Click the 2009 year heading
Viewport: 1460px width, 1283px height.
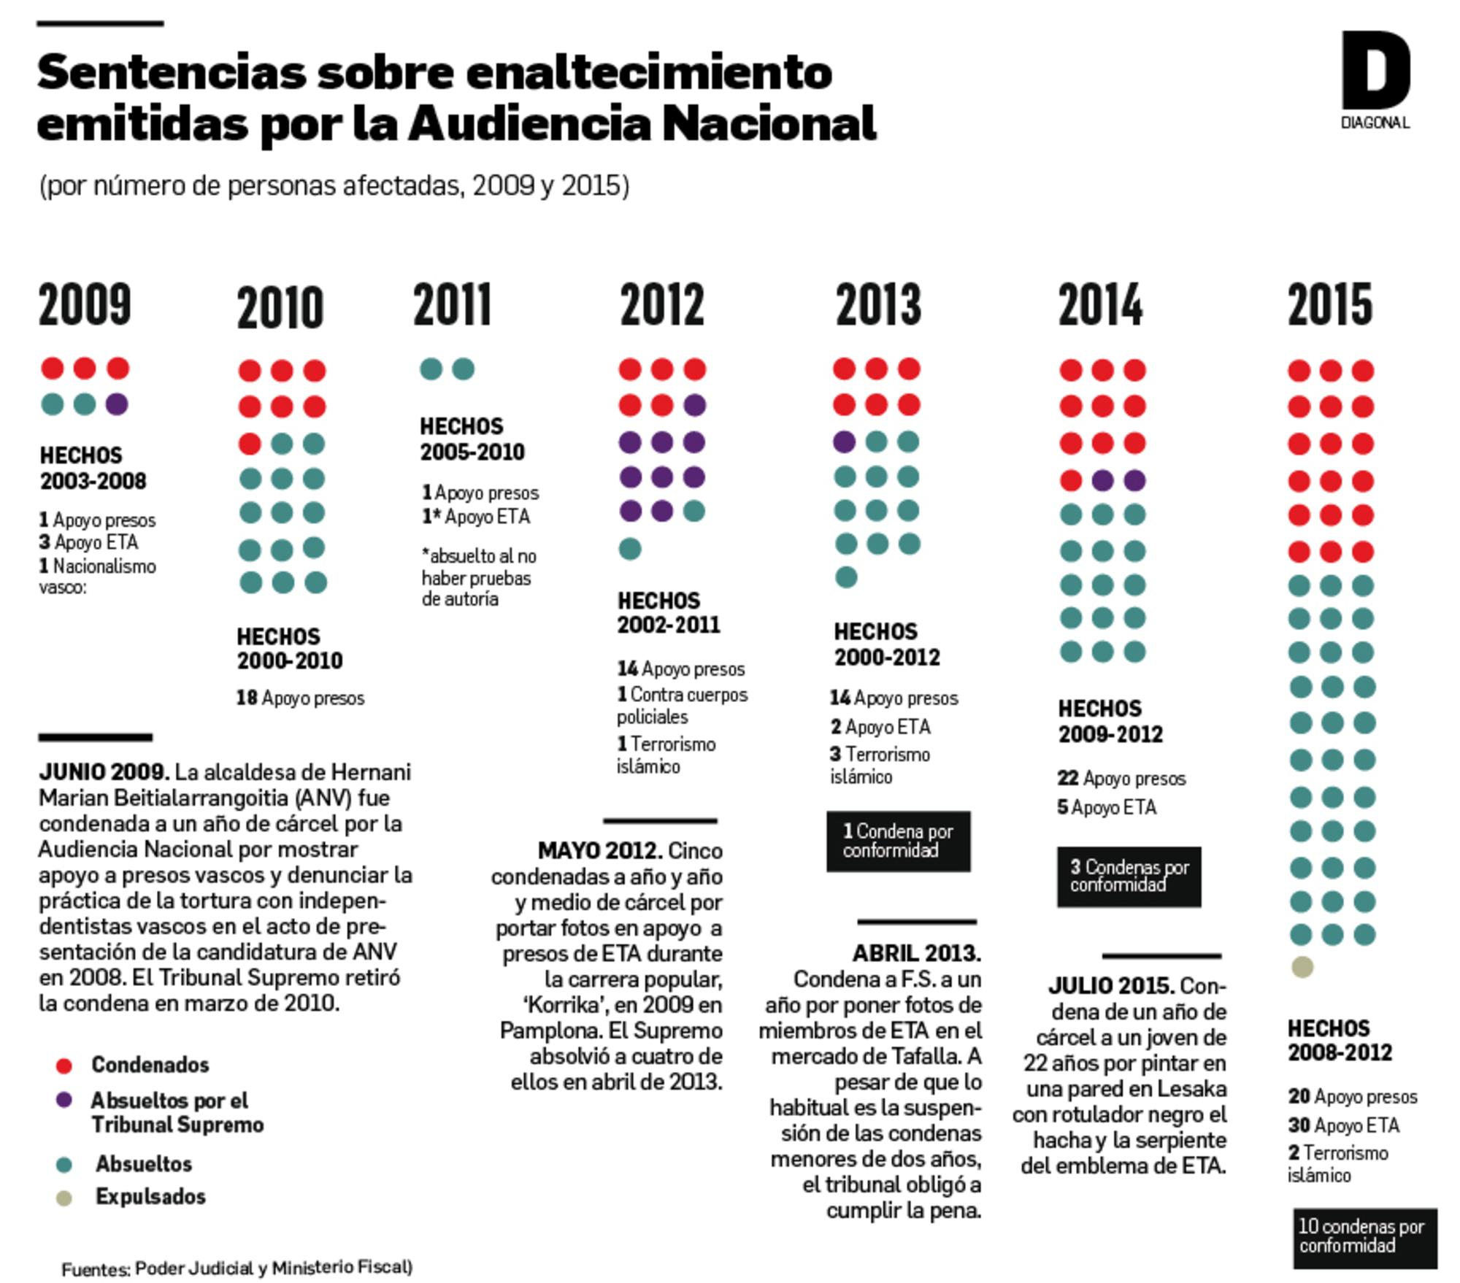pos(85,304)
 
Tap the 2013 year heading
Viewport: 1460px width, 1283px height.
pos(878,304)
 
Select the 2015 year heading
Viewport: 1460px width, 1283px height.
pos(1330,304)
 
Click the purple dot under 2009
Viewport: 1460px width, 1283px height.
pos(117,404)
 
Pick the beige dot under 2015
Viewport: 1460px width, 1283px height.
pos(1302,967)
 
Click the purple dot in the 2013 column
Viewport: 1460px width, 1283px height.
pos(844,442)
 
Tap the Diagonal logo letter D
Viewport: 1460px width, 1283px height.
pos(1375,71)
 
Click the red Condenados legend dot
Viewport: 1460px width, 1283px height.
pos(64,1066)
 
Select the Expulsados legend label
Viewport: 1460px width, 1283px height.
pos(150,1197)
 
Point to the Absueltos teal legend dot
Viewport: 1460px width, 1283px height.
pos(64,1165)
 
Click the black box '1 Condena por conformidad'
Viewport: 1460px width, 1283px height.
pos(898,841)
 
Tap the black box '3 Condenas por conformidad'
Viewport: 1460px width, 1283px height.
pos(1129,876)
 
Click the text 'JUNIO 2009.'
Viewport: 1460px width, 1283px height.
pos(104,772)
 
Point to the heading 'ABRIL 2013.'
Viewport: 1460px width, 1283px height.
pos(916,954)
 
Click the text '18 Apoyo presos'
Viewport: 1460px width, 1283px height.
pos(300,698)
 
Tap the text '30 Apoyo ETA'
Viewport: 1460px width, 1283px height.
pos(1343,1125)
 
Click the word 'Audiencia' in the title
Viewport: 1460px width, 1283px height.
pos(529,124)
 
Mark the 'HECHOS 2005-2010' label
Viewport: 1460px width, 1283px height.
pos(472,439)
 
